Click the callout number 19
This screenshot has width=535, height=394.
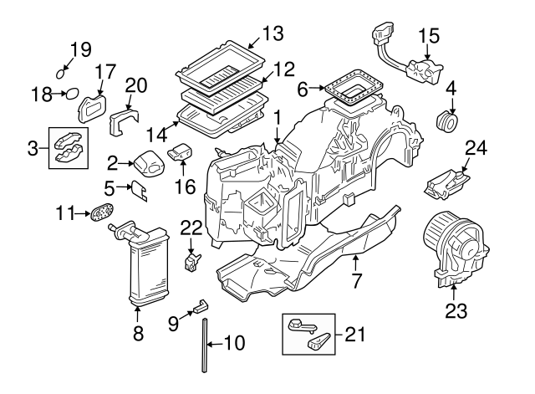[79, 49]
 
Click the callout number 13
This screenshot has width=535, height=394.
[272, 33]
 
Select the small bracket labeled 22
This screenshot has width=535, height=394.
[193, 260]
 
